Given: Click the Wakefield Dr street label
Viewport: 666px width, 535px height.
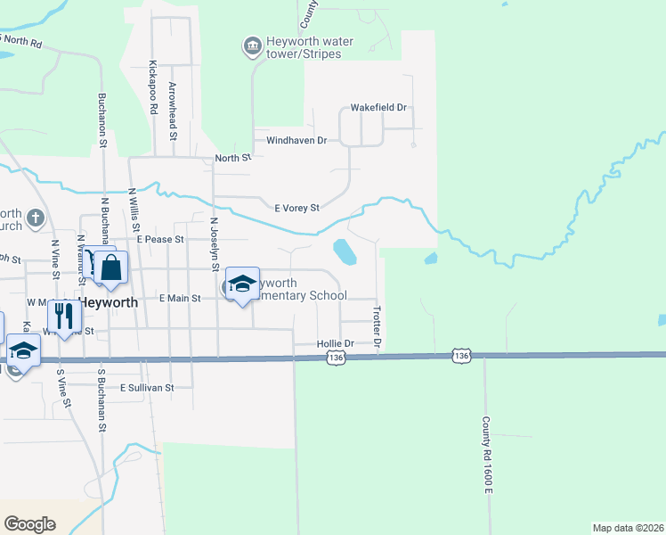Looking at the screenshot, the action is [x=378, y=108].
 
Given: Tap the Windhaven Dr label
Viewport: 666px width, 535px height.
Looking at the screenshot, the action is [x=291, y=141].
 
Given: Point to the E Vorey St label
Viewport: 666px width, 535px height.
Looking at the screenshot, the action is [x=296, y=208].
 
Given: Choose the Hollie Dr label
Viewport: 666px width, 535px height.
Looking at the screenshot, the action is [x=336, y=343].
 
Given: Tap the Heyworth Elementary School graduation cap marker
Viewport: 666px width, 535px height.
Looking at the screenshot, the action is [x=241, y=284].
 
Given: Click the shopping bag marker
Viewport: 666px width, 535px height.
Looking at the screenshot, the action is [x=111, y=267].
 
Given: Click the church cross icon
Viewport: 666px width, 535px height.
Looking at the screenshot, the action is [x=35, y=218].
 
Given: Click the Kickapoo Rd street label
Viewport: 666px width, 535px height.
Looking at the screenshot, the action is [x=153, y=87].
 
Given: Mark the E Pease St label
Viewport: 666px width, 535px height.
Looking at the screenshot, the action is [x=159, y=240].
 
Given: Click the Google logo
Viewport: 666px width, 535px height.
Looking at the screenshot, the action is [x=29, y=523].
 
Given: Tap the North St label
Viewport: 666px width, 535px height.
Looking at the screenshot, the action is [x=233, y=159].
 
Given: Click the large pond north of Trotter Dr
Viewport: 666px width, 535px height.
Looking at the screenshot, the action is [x=344, y=251].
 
